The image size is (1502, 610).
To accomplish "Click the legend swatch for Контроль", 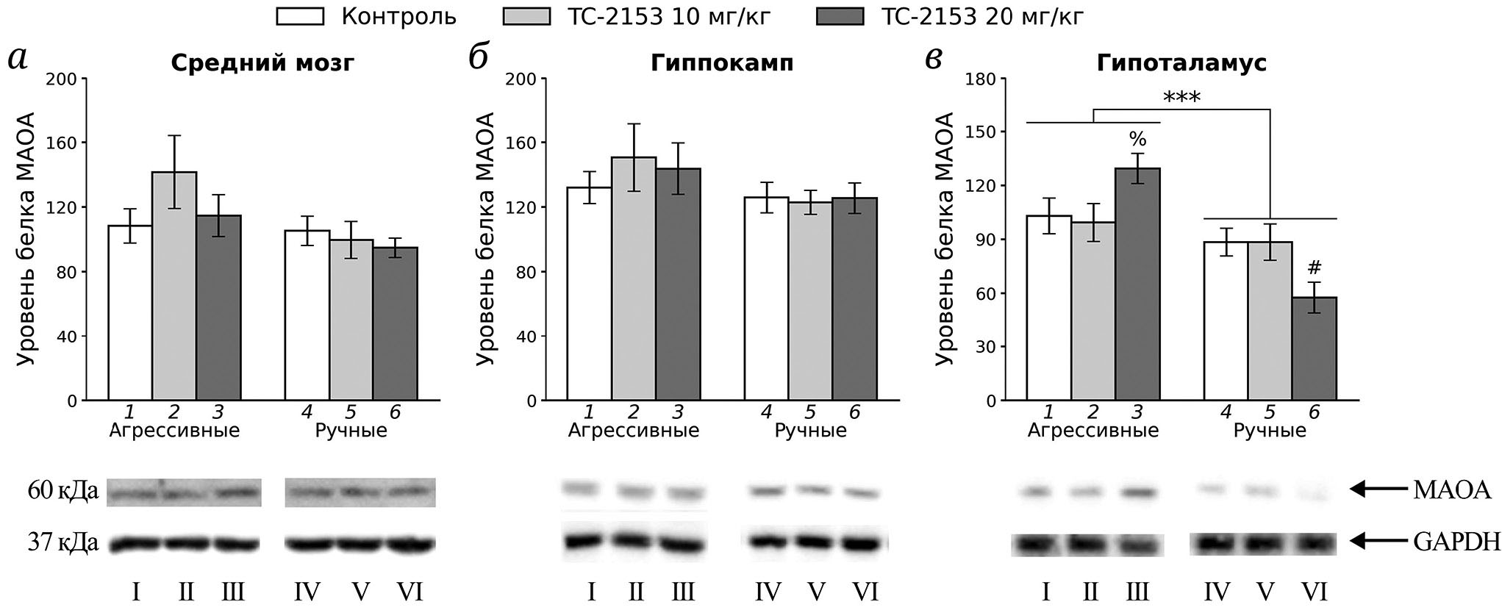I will [300, 16].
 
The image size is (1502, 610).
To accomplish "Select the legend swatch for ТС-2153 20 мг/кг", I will [840, 16].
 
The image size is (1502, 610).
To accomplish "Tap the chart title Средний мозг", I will [262, 63].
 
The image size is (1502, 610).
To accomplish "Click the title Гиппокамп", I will [722, 63].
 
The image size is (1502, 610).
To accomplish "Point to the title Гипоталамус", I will [1181, 63].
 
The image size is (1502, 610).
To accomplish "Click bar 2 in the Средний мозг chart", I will [174, 287].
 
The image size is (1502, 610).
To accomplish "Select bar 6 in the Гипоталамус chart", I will [1314, 348].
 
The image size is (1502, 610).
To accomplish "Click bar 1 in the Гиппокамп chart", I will [589, 294].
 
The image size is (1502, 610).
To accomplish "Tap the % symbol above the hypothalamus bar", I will [1137, 139].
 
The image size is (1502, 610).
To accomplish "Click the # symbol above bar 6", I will [1315, 267].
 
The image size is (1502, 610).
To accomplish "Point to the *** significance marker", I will [1181, 97].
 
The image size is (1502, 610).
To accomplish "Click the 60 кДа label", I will [62, 490].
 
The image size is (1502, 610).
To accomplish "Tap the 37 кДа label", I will [62, 543].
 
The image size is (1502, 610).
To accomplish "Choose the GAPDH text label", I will [1456, 542].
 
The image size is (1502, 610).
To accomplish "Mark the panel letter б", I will [479, 57].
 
